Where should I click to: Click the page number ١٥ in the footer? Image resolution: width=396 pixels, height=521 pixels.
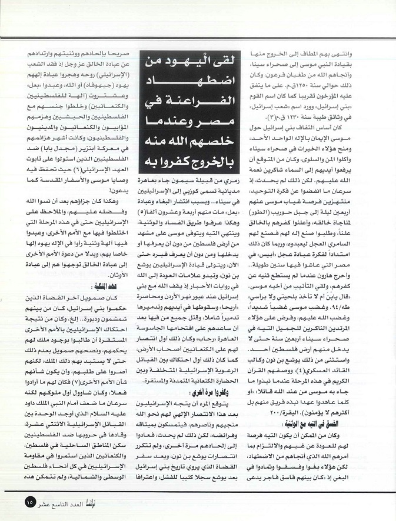click(32, 501)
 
